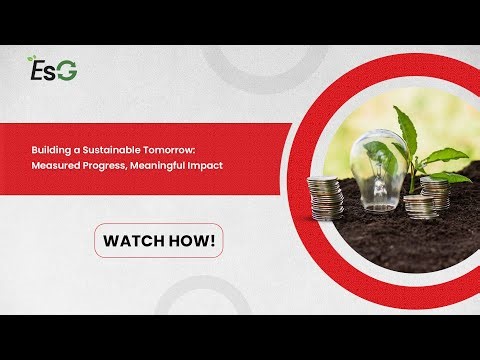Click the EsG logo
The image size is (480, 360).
click(53, 70)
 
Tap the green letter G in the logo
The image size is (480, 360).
click(67, 71)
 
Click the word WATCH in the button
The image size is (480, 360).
click(138, 240)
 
